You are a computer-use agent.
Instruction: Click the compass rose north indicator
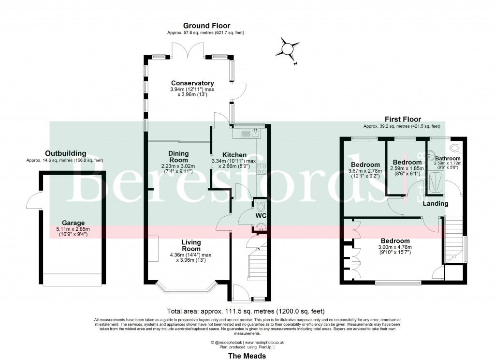coord(288,49)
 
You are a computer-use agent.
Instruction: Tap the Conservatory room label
coord(192,83)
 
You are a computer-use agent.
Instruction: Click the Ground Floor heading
coord(206,26)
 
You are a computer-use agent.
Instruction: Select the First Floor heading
coord(402,119)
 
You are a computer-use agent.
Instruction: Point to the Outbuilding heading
coord(65,153)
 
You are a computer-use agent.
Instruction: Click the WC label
coord(262,215)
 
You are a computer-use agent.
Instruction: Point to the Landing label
coord(436,204)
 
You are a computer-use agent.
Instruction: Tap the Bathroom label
coord(447,158)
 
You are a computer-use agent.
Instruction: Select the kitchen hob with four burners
coord(262,169)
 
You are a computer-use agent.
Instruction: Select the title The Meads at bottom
coord(247,355)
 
